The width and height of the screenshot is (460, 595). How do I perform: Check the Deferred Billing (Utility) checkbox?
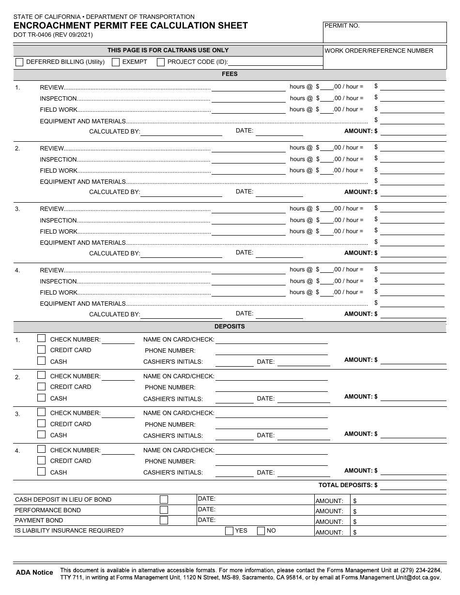[19, 62]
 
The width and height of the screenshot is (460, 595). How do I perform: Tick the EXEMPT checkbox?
[116, 62]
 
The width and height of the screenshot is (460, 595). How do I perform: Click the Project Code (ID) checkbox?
[161, 62]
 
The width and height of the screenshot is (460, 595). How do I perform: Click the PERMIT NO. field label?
[342, 26]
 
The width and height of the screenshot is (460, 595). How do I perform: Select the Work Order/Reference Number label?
[379, 51]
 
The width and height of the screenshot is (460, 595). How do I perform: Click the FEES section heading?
[230, 74]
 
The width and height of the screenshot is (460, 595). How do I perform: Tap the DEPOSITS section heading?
[230, 327]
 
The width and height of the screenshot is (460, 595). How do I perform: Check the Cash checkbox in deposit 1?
[42, 361]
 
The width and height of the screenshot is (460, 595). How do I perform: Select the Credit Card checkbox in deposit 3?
[42, 423]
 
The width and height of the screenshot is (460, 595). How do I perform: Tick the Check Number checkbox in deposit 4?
[42, 449]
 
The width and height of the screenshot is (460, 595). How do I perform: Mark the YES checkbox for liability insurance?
[229, 531]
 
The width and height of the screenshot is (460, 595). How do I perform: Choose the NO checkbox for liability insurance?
[261, 531]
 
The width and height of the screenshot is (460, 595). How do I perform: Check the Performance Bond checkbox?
[164, 510]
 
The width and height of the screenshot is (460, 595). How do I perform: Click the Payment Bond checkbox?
[164, 521]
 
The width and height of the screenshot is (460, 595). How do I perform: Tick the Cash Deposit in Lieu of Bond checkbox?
[164, 499]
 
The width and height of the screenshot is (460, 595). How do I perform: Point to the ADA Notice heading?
[34, 572]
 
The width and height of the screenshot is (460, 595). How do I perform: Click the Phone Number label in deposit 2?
[170, 387]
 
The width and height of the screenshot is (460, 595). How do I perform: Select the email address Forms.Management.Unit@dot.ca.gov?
[391, 578]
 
